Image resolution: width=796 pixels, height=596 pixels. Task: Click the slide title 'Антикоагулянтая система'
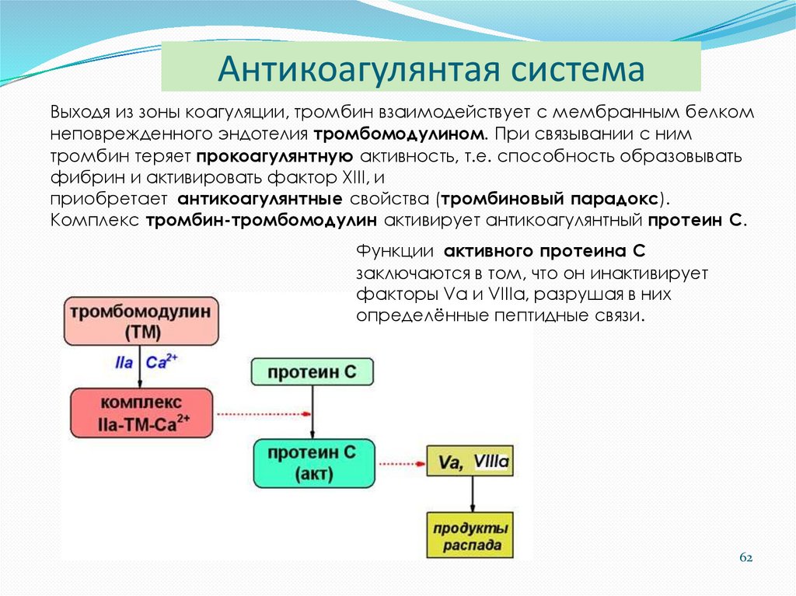pos(431,68)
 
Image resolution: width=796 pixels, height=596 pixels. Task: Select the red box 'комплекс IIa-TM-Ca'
pos(141,413)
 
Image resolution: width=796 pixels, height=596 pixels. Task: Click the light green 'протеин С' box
pos(312,372)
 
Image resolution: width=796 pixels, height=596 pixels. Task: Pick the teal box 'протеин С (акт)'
pos(312,464)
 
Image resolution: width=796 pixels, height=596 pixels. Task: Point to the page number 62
pos(746,558)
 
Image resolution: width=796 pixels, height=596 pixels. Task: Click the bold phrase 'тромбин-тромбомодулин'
pos(261,220)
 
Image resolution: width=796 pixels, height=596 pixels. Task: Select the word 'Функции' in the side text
pos(395,253)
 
